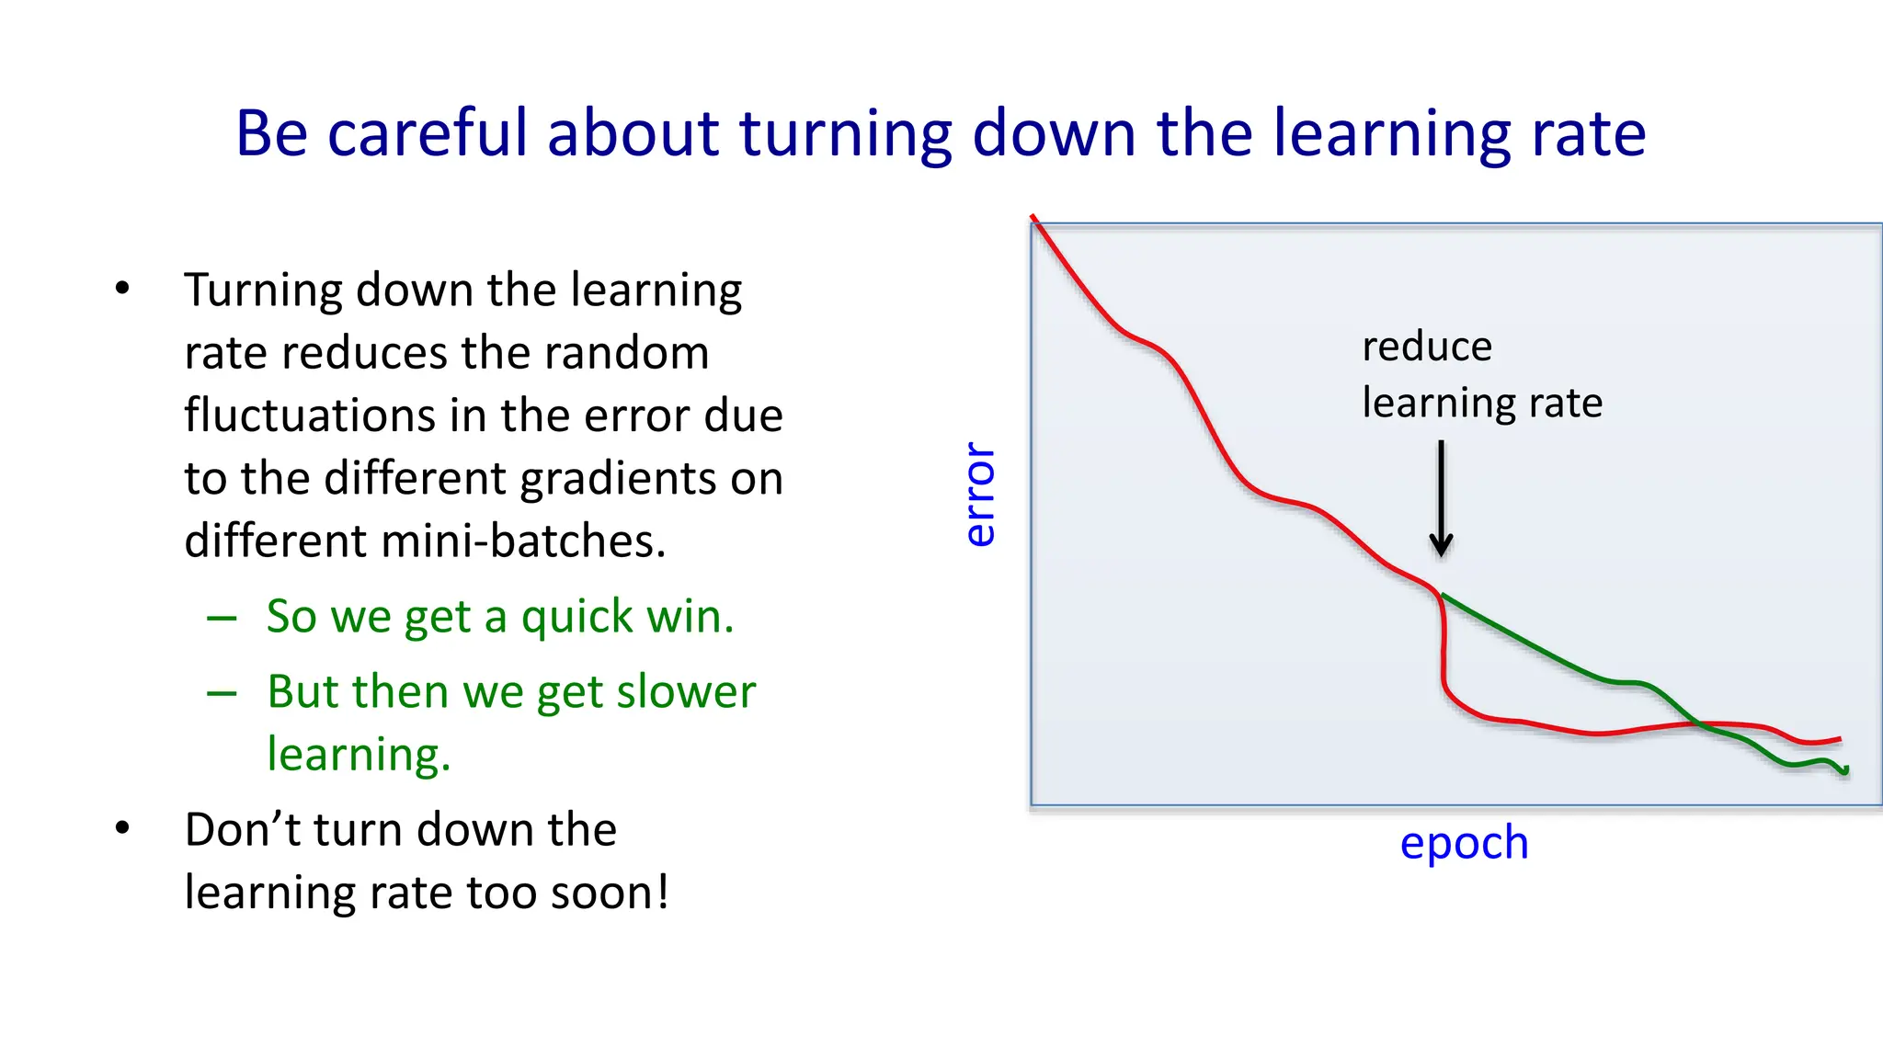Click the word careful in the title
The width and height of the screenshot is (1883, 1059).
[x=427, y=134]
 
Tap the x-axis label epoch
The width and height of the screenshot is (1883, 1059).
[x=1464, y=843]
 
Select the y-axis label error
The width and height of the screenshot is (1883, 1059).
[x=980, y=495]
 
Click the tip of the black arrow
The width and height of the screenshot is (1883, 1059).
[x=1441, y=554]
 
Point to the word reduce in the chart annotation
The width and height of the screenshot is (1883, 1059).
[x=1427, y=347]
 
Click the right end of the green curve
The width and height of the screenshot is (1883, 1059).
[x=1846, y=771]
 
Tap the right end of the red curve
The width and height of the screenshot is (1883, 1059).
[x=1840, y=738]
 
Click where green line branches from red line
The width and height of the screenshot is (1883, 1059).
[x=1441, y=595]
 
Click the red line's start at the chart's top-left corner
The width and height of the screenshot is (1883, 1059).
[x=1034, y=219]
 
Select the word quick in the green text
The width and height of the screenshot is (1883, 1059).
[x=576, y=617]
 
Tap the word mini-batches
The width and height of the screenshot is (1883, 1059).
[x=522, y=541]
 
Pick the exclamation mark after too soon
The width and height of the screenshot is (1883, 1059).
[x=662, y=892]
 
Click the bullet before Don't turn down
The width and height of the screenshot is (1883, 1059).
[x=122, y=828]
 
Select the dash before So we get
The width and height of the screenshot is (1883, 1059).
[x=222, y=619]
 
